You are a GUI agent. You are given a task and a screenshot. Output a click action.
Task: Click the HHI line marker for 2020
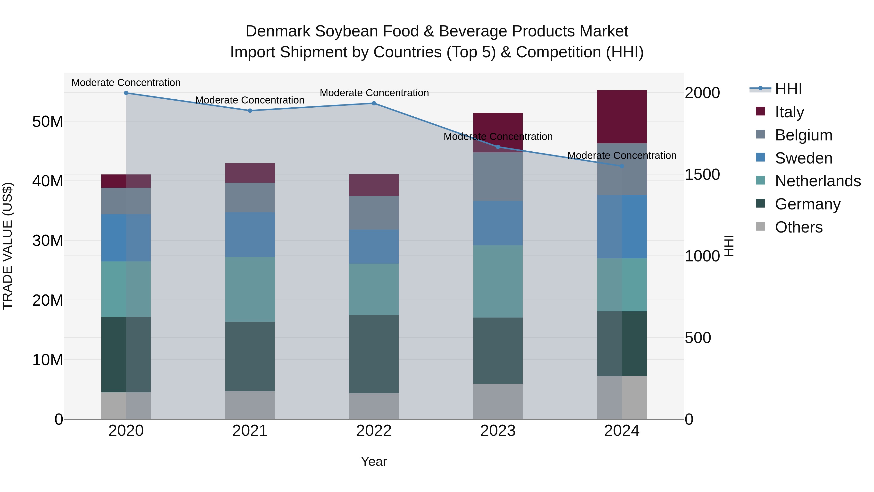pos(126,93)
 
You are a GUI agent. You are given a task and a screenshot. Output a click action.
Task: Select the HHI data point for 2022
pos(374,103)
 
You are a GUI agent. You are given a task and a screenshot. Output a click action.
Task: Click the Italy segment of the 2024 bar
pos(622,117)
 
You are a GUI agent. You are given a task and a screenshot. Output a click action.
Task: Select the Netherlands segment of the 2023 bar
pos(498,282)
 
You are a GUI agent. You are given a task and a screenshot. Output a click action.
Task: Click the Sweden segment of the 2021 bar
pos(250,235)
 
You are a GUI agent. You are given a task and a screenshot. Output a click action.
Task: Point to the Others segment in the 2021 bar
pos(250,405)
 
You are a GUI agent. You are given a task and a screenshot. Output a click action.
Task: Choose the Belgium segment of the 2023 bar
pos(498,177)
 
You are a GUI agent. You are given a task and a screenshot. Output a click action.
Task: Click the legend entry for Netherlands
pos(818,181)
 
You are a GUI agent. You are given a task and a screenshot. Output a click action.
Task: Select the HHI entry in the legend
pos(788,89)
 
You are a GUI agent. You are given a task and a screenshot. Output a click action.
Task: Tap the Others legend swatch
pos(761,226)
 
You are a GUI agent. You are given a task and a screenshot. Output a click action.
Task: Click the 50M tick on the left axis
pos(48,121)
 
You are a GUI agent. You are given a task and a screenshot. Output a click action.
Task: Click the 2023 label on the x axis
pos(498,431)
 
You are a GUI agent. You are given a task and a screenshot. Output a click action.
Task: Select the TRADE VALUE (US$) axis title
pos(8,246)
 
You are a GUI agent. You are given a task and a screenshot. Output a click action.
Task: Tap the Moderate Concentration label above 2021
pos(250,100)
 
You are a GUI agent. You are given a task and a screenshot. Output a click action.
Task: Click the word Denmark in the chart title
pos(278,31)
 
